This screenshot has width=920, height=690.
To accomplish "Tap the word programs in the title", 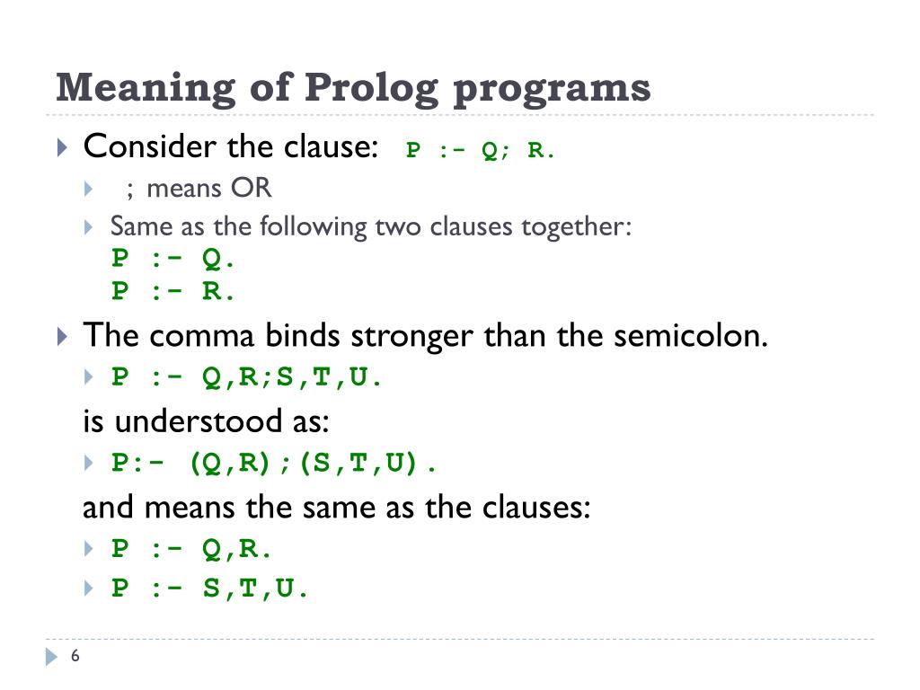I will [552, 89].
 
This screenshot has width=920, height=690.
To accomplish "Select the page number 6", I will [75, 657].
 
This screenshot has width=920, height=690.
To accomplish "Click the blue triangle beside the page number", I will [51, 658].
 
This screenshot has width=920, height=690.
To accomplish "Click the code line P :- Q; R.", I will [481, 150].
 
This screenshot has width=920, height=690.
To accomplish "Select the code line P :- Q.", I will [173, 259].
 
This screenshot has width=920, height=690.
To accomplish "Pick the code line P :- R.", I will [173, 291].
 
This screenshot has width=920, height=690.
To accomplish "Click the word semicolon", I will [689, 336].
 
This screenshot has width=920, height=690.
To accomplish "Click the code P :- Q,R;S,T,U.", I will [247, 377].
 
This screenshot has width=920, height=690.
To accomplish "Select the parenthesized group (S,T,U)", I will [360, 464].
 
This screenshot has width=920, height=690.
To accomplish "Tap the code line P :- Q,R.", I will [191, 548].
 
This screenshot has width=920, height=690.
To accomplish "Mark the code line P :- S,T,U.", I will [210, 589].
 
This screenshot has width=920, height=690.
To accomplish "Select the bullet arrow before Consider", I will [61, 147].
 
